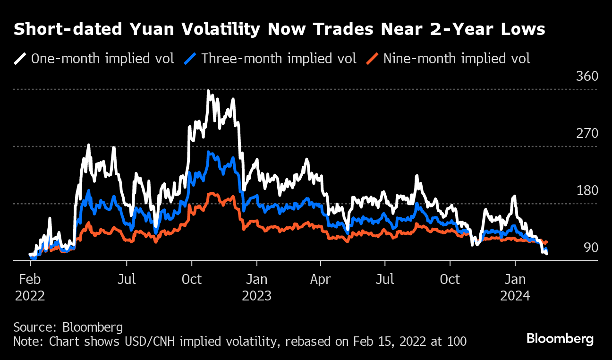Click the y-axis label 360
[587, 77]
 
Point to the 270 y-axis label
[587, 134]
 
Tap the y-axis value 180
[587, 191]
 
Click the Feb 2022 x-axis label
[30, 287]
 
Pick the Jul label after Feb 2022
[127, 279]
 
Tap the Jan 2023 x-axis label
[256, 287]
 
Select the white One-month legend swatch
[20, 59]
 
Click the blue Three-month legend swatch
[190, 59]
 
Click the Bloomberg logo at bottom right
[560, 339]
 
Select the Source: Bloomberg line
[68, 327]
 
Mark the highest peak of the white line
[208, 90]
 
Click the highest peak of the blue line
[208, 152]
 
